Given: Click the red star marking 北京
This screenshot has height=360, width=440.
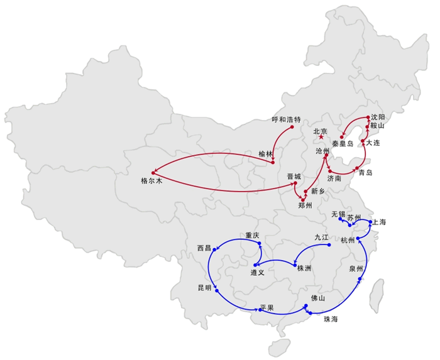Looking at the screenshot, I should point(321,136).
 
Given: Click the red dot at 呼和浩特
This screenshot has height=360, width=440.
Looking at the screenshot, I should point(293,128).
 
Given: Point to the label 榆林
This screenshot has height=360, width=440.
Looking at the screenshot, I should point(266,154).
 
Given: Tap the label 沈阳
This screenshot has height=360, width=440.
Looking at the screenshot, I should point(377,117).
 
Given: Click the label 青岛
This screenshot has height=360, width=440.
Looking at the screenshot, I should point(365,173).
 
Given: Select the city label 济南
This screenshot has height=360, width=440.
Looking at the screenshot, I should point(334,178).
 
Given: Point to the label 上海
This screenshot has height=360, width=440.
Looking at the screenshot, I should point(379,222).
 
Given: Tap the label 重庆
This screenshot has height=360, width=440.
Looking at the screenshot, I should point(252,236).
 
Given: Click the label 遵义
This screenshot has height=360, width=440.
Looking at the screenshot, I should point(258,273).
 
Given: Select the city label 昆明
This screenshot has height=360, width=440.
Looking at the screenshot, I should point(205,287).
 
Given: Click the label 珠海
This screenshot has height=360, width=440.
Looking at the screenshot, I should point(331,320).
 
